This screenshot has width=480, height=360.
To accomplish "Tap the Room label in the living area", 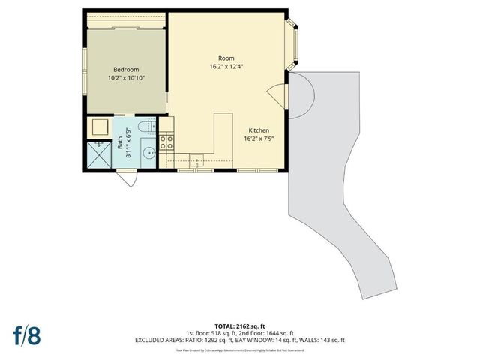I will tap(226, 58).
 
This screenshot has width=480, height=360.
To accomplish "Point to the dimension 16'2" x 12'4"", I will tap(226, 67).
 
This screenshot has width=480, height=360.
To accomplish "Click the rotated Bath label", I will tap(120, 142).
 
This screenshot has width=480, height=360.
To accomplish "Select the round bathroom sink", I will tap(148, 156).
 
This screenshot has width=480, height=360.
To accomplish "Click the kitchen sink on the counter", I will tap(196, 158).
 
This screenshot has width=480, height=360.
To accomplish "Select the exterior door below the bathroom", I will tap(127, 179).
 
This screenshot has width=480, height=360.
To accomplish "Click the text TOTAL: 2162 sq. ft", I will tap(239, 327).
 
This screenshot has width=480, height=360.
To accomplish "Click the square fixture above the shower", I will tap(99, 127).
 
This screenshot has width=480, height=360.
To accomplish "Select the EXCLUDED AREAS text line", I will tap(239, 340).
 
